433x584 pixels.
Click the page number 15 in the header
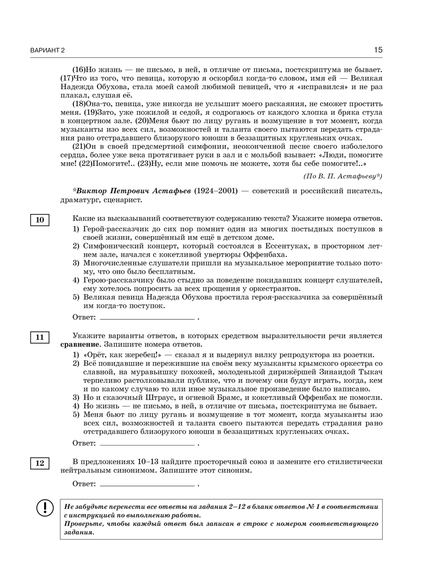[378, 50]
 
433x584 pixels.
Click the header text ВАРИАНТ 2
[47, 51]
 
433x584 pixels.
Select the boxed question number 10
[40, 220]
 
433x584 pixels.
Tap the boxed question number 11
[40, 337]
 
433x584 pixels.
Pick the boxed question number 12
[40, 463]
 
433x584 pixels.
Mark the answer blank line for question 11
[147, 444]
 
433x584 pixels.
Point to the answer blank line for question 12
[147, 484]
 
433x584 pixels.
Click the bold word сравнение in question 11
[78, 345]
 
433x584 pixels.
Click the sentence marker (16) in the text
[79, 70]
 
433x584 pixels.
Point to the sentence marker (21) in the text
[79, 146]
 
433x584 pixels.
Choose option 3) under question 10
[76, 263]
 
